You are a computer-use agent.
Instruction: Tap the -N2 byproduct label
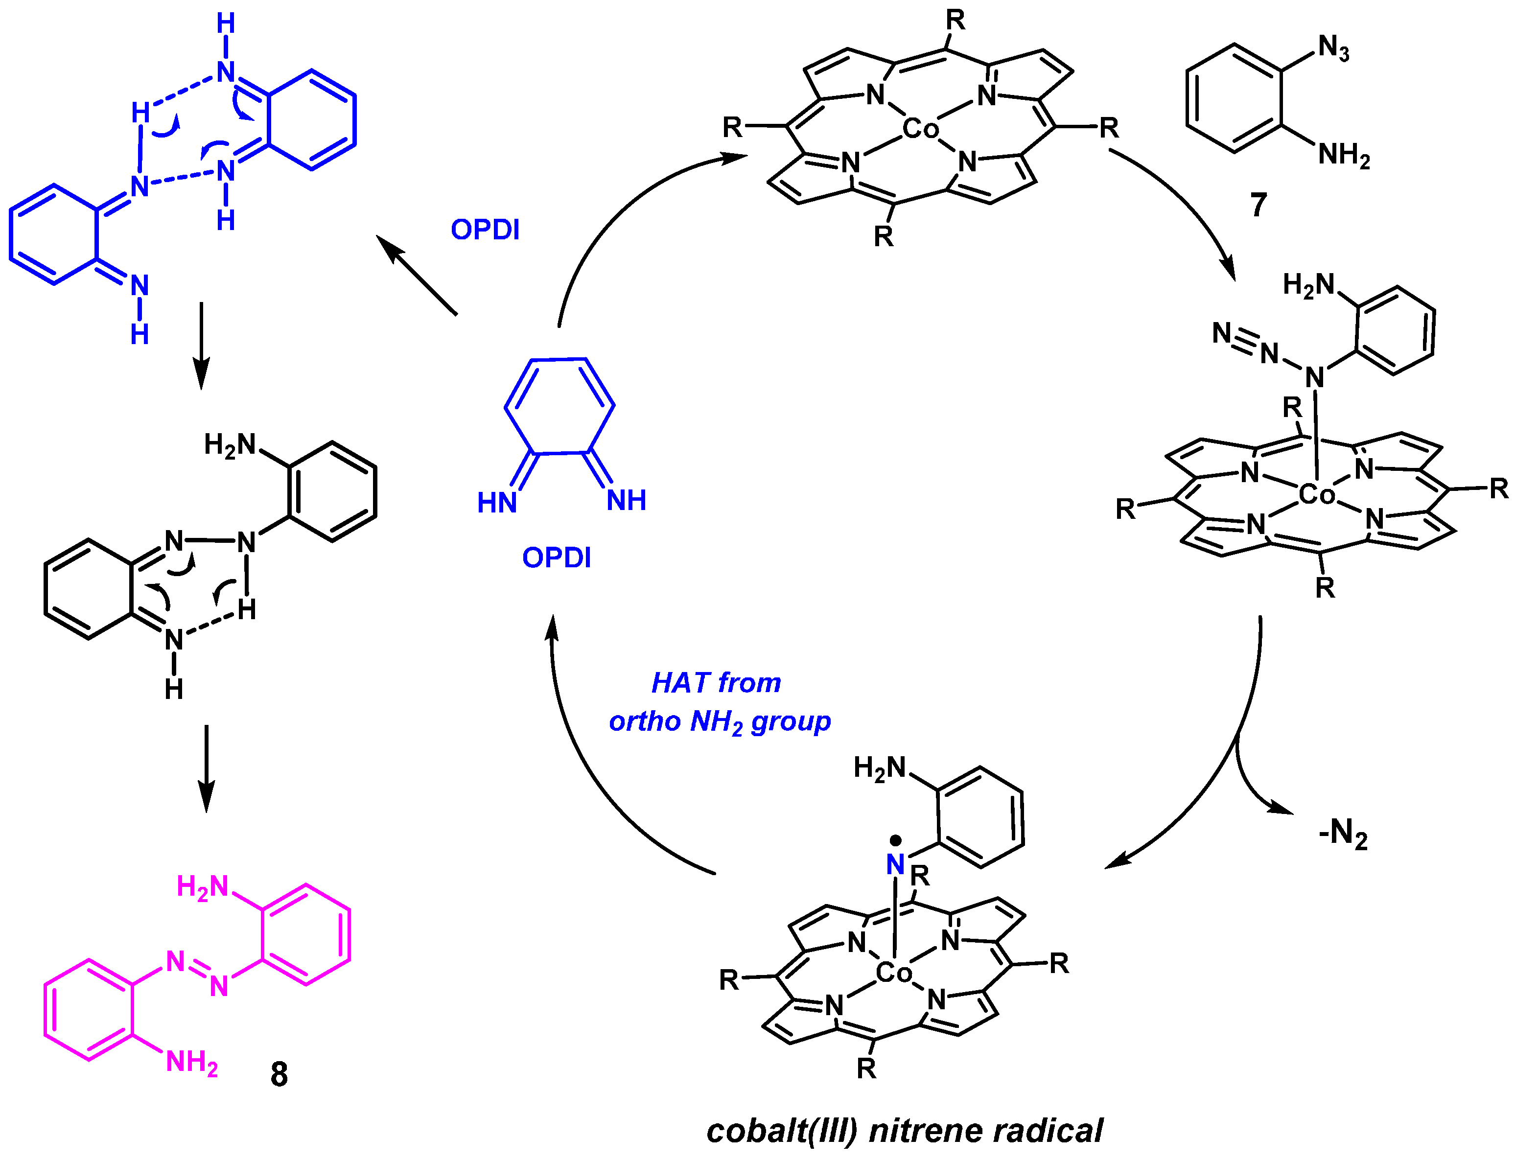point(1342,834)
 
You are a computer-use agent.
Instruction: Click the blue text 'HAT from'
point(716,683)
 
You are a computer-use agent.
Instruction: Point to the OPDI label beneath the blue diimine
point(557,557)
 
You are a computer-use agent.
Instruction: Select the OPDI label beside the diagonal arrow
point(485,230)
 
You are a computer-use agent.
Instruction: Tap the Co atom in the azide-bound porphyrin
point(1317,495)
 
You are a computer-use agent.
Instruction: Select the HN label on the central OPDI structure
point(497,502)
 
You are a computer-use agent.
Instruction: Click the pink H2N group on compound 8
point(202,886)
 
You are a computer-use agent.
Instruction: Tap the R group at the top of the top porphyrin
point(955,21)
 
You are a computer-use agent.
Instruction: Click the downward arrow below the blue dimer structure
point(200,346)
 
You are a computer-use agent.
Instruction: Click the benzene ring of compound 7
point(1235,97)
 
